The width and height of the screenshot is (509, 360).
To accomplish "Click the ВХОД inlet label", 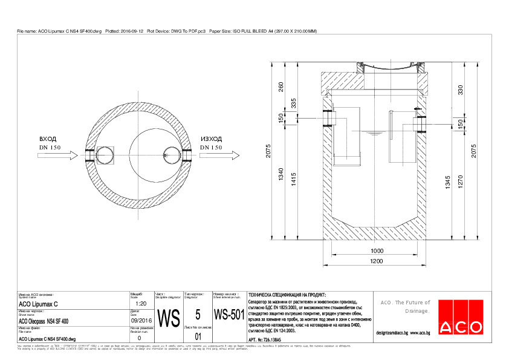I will tap(48, 139).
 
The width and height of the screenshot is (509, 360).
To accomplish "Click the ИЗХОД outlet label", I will tap(211, 139).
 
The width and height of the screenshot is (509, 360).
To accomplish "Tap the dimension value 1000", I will tap(377, 250).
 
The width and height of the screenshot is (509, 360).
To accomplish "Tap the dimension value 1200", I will tap(377, 261).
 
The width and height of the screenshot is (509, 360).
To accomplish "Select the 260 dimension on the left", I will tap(280, 87).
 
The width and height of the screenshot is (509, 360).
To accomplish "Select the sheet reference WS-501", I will tap(229, 315).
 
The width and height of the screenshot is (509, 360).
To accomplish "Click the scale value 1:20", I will tap(141, 304).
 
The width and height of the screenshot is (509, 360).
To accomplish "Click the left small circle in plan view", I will tap(105, 155).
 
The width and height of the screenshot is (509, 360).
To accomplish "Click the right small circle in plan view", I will tap(169, 155).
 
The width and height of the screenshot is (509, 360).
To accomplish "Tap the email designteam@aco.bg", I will tap(392, 333).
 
